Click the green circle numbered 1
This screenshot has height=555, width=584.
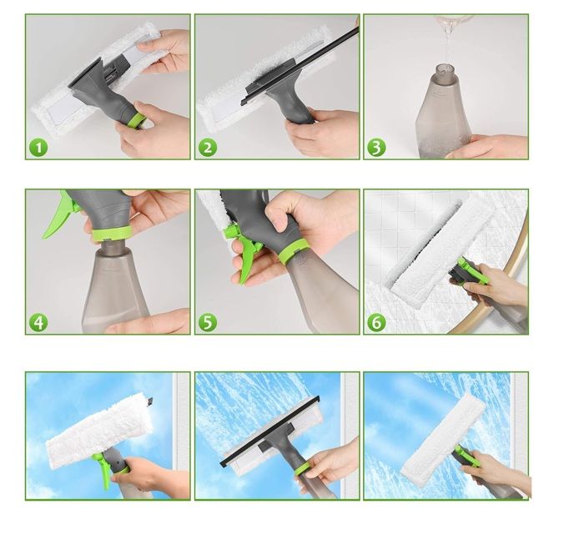(x=38, y=148)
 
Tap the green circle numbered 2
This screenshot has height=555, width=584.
(x=208, y=148)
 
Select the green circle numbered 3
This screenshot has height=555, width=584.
(x=376, y=148)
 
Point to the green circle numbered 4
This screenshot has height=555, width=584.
(x=38, y=323)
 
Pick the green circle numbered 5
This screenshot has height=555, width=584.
(x=208, y=323)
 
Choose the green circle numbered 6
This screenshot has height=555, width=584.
(x=376, y=323)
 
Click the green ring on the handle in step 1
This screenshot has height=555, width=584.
(x=137, y=121)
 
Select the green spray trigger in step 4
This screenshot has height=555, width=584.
(x=59, y=216)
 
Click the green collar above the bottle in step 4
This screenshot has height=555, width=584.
(x=111, y=233)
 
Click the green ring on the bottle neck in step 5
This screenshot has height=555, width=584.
(x=295, y=251)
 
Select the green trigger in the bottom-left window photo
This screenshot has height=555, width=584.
(x=103, y=470)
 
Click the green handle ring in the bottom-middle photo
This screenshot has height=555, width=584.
(x=302, y=469)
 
